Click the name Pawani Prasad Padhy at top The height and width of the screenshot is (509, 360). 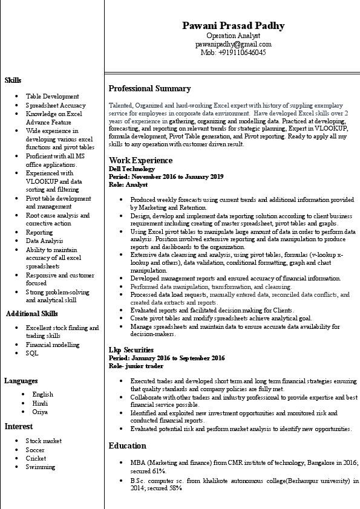tap(233, 25)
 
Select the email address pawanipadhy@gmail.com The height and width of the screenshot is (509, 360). tap(233, 44)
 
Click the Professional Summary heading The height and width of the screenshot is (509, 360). tap(149, 88)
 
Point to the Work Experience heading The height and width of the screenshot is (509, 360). tap(140, 160)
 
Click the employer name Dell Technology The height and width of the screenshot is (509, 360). tap(131, 169)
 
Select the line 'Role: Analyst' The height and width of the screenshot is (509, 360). tap(128, 184)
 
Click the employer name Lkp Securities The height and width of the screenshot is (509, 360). tap(131, 350)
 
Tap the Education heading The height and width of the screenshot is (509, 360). tap(127, 446)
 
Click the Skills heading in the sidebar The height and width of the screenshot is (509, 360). tap(13, 80)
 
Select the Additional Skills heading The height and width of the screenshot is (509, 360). tap(32, 313)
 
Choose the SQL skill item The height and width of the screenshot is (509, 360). tap(31, 353)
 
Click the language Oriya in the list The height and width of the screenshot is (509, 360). tap(40, 412)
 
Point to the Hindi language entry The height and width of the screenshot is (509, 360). tap(40, 403)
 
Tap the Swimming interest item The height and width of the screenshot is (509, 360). tap(40, 467)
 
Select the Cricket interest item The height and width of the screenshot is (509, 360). tap(36, 458)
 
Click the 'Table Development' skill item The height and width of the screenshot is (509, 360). tap(52, 96)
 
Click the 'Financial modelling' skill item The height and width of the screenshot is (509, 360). tap(52, 345)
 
